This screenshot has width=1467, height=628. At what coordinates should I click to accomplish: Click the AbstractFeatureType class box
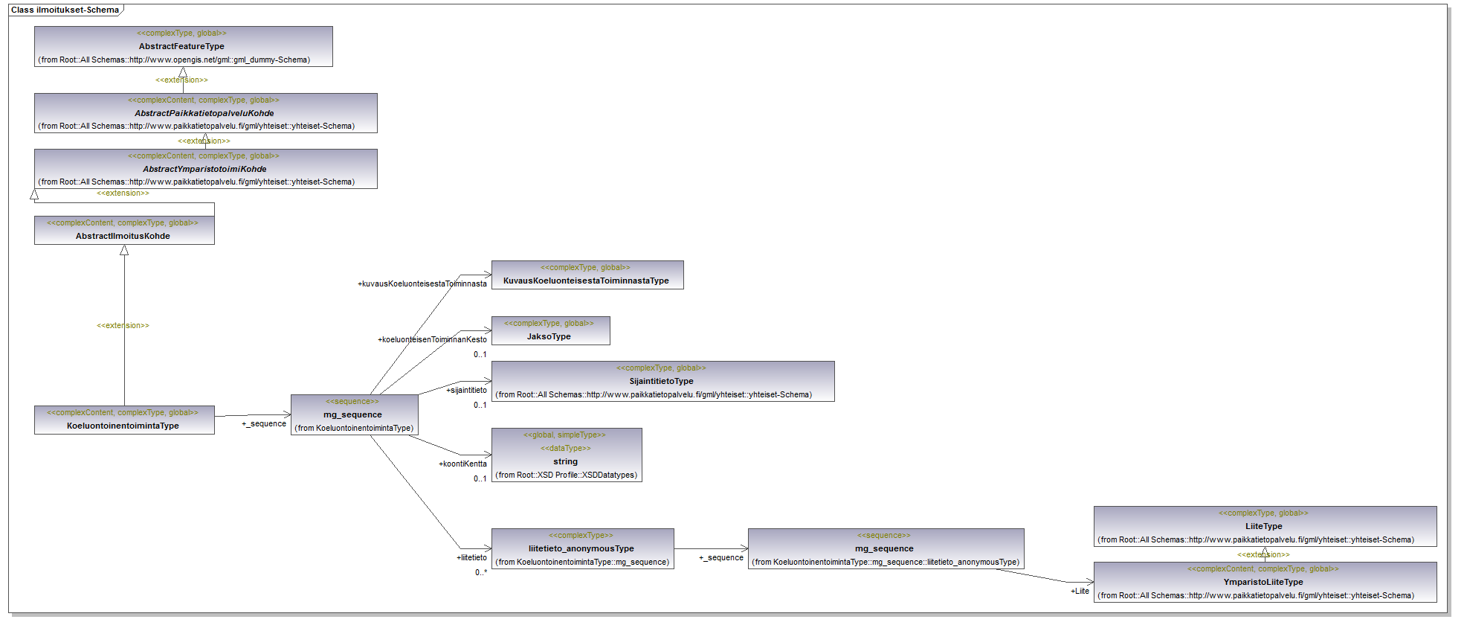[183, 46]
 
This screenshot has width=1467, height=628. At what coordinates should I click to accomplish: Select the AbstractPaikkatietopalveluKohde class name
[204, 113]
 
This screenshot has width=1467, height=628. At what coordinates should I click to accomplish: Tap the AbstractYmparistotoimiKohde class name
[204, 169]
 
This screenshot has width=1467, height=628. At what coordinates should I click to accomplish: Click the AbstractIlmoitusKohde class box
[124, 230]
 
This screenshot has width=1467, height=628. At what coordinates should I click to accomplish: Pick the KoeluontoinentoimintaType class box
[124, 420]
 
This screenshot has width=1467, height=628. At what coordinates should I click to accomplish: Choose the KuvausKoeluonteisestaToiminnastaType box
[587, 275]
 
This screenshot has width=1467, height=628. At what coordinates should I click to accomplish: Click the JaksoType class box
[550, 330]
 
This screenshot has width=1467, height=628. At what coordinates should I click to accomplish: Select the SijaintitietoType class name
[661, 381]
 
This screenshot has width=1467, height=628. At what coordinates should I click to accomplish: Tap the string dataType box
[566, 455]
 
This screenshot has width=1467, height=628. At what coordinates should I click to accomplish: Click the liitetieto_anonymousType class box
[582, 548]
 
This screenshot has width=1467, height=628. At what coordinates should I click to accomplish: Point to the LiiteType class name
[1263, 526]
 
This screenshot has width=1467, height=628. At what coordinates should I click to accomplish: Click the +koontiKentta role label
[462, 464]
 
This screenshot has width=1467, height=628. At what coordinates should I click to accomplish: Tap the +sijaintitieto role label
[466, 390]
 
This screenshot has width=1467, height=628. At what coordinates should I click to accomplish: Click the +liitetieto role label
[471, 557]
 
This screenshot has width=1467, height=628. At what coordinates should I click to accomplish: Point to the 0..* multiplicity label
[481, 572]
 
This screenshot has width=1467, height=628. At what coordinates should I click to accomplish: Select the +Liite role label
[1080, 591]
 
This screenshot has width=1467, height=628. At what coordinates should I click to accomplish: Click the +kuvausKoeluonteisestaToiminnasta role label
[422, 283]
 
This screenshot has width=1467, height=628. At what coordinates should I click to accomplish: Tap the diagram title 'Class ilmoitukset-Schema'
[65, 10]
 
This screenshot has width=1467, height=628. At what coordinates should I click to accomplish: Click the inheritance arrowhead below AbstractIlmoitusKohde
[124, 251]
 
